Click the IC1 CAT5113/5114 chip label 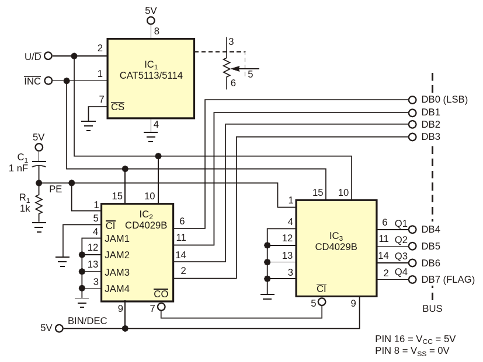coord(151,70)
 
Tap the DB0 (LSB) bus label coord(444,100)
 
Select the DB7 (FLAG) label coord(448,280)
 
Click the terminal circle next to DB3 coord(412,137)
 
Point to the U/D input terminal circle coord(48,56)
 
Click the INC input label coord(32,81)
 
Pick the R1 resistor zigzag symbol coord(39,204)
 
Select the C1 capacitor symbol coord(39,164)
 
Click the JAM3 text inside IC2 coord(117,272)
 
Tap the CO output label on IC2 coord(161,294)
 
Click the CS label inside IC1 coord(117,107)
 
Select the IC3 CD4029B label coord(336,241)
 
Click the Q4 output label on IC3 coord(401,272)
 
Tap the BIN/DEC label coord(87,321)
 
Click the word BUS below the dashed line coord(433,308)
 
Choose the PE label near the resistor coord(55,189)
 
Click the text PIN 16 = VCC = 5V coord(415,339)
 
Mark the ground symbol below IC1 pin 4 coord(151,137)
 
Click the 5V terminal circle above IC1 coord(151,20)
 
